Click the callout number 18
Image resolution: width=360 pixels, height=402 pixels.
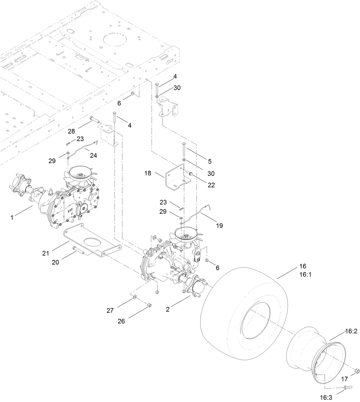point(148,173)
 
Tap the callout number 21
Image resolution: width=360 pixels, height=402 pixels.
point(46,253)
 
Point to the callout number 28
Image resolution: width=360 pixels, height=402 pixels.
point(71,131)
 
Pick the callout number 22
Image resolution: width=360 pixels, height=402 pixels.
point(211,185)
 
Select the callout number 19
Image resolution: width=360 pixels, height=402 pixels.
point(219,225)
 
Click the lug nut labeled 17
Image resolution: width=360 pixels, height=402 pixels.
point(356,371)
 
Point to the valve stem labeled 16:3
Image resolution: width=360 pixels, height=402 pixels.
point(346,387)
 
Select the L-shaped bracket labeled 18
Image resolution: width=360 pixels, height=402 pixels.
point(177,177)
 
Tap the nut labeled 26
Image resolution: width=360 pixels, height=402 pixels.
point(149,306)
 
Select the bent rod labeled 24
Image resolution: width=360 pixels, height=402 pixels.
point(83,148)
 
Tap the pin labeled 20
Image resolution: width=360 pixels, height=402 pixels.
point(78,249)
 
